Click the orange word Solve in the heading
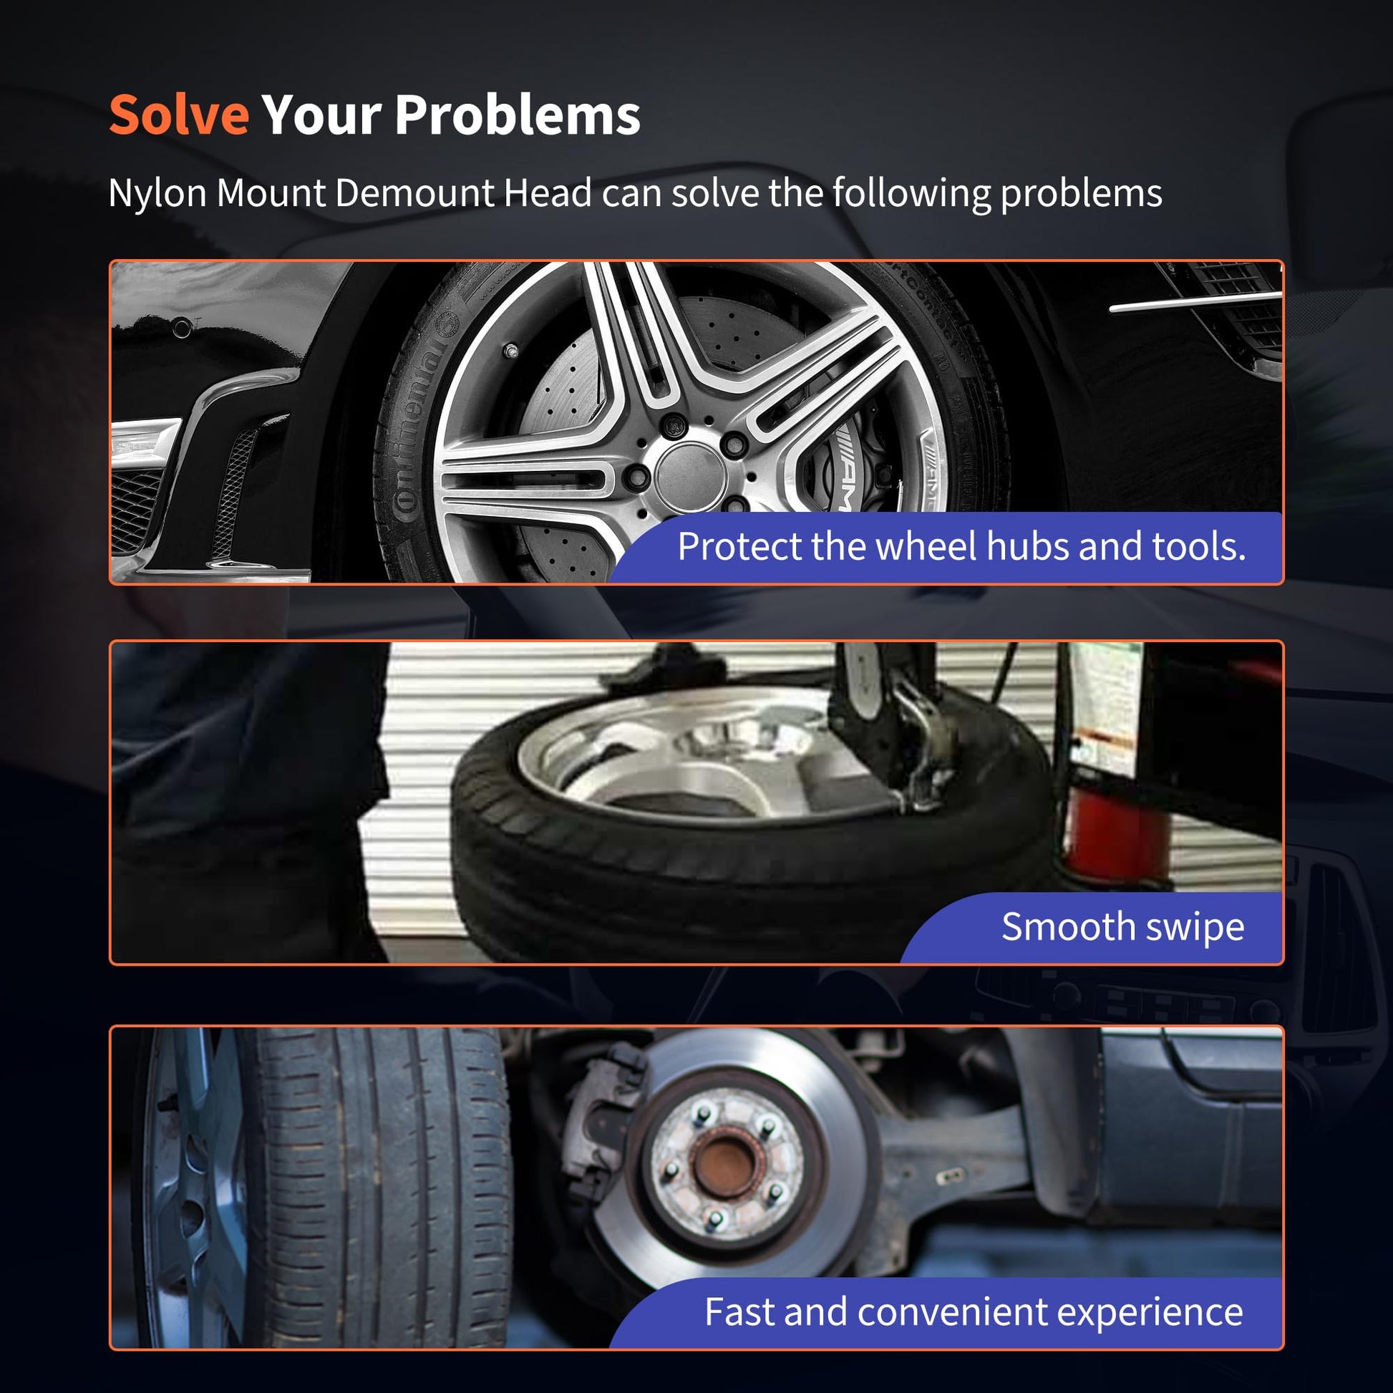click(179, 115)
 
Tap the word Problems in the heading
click(518, 115)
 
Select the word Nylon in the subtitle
click(157, 193)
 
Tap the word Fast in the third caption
click(738, 1311)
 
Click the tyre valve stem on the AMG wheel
click(511, 351)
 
